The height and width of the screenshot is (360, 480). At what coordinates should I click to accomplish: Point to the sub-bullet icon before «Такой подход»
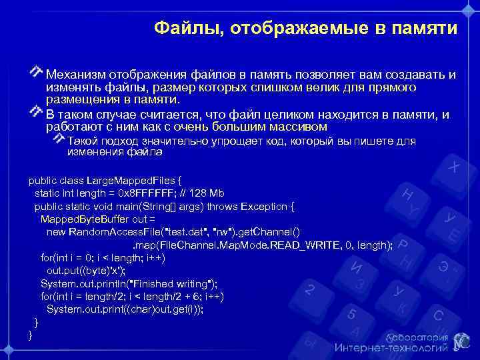pyautogui.click(x=59, y=138)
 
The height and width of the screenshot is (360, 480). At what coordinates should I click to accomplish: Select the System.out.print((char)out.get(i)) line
pyautogui.click(x=125, y=309)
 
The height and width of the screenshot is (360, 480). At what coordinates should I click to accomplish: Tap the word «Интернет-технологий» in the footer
pyautogui.click(x=390, y=347)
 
